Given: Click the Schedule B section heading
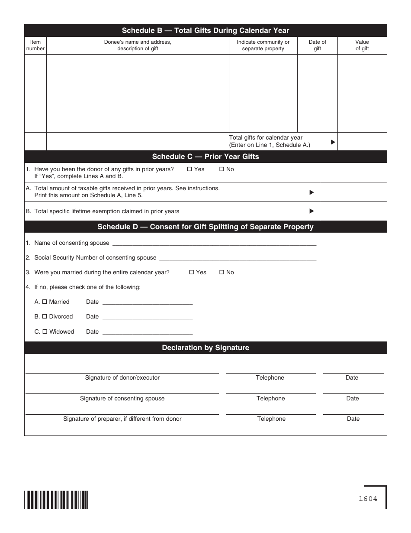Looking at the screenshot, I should (205, 30).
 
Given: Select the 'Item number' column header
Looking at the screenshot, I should (35, 45).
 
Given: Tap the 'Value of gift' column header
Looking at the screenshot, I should (362, 45).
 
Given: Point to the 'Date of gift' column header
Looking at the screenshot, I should (317, 45).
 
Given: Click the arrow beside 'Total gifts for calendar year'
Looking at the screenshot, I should (333, 142).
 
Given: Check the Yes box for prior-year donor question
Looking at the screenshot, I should (189, 169).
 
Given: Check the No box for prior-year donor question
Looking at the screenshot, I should (222, 169).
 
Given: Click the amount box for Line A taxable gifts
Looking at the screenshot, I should (353, 192).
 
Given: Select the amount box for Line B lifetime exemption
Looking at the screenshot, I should (353, 211).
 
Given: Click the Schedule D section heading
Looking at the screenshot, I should (205, 227).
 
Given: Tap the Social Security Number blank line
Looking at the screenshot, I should (238, 258).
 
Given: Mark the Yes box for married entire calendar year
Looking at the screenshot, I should (191, 273).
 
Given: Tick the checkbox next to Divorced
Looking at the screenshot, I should (44, 317).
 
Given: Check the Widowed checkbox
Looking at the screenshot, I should (44, 332).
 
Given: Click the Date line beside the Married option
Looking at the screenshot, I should (147, 302).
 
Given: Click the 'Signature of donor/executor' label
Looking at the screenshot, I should (122, 378).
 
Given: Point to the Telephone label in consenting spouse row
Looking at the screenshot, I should (270, 399).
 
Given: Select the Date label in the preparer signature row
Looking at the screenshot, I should (353, 419).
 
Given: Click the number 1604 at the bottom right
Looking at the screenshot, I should (368, 499).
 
